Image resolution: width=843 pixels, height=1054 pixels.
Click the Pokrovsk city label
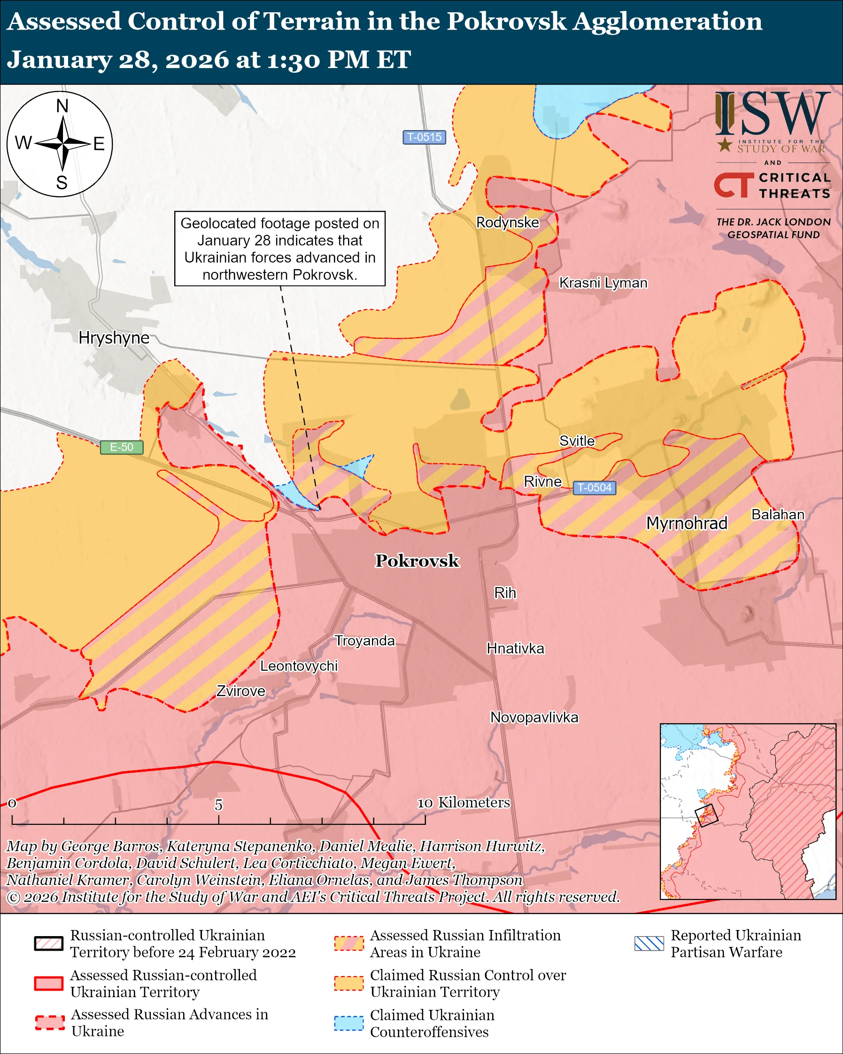[x=417, y=561]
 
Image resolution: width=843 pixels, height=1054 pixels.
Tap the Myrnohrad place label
[x=687, y=523]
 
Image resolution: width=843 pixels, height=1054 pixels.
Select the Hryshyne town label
[x=114, y=338]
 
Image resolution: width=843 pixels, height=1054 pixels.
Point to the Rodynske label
[x=508, y=223]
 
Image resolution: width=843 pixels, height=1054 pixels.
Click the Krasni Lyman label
[x=603, y=283]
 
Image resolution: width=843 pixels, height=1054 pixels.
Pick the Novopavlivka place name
[x=534, y=718]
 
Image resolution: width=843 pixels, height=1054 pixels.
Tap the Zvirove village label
[x=241, y=691]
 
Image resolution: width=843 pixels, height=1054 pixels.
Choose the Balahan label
[x=778, y=514]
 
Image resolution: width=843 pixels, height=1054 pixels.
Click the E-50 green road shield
[x=121, y=447]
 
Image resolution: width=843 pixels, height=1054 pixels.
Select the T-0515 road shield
[x=424, y=137]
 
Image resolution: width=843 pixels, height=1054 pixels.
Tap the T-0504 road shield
[x=594, y=488]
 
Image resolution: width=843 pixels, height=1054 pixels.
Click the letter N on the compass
[x=62, y=106]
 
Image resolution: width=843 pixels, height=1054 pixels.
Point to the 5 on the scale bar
[x=218, y=804]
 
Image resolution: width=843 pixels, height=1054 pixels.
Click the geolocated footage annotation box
[x=279, y=248]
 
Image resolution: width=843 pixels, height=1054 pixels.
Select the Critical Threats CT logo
[x=733, y=185]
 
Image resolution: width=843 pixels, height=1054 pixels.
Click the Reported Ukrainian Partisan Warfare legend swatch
[x=649, y=943]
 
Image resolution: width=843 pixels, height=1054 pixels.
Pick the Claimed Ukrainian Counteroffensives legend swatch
[x=349, y=1023]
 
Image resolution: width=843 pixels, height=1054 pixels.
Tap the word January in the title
[x=59, y=60]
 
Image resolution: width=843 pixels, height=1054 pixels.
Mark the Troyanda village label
[x=364, y=641]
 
